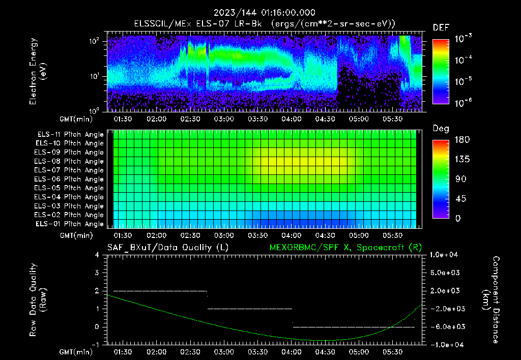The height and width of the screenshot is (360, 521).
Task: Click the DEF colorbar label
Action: (441, 27)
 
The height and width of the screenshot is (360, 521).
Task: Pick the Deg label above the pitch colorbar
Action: (441, 129)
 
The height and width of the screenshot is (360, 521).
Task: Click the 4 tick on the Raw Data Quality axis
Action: (98, 255)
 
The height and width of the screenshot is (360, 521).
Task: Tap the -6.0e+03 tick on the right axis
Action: (446, 326)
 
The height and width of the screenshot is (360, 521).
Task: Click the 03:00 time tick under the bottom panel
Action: (224, 352)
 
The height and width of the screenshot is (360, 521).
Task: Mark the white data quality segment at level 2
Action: (160, 291)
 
